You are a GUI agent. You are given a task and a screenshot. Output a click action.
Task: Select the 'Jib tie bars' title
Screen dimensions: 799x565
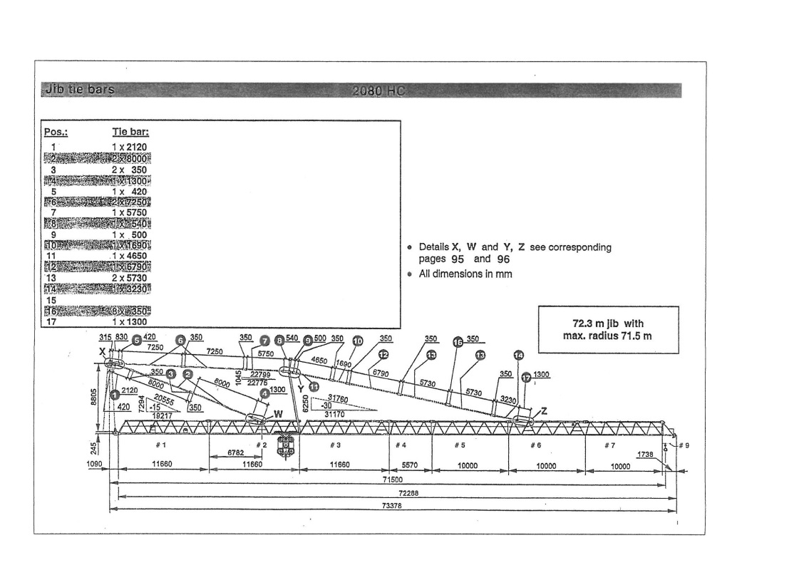coord(78,90)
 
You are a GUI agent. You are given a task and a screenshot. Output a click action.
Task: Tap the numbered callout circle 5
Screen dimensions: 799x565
coord(136,341)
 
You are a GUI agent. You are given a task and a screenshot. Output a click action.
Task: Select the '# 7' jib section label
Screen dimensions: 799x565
coord(608,445)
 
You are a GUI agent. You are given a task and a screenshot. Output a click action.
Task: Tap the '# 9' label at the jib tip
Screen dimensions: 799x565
coord(684,445)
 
